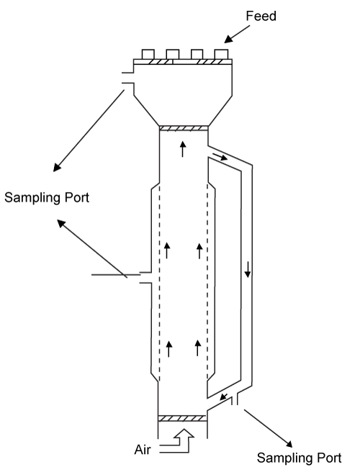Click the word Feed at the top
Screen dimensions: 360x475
(261, 16)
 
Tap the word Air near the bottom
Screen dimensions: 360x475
(143, 450)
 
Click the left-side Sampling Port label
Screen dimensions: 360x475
(47, 197)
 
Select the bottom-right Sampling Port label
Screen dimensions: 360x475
(299, 458)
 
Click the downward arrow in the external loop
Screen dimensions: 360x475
(248, 270)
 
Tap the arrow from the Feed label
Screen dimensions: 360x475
(237, 34)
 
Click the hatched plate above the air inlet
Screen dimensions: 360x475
(182, 418)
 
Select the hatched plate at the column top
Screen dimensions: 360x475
(184, 128)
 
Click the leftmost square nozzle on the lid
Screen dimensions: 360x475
(148, 54)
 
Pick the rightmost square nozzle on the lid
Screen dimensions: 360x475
(221, 54)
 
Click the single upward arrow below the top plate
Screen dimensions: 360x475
(182, 149)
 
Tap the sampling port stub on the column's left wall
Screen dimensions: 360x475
(145, 278)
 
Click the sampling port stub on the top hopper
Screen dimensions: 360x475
(128, 78)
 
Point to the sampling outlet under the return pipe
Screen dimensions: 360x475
(235, 399)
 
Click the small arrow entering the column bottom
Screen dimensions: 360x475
(224, 397)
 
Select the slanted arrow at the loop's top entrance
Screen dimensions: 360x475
(220, 157)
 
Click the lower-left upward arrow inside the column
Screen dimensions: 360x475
(168, 348)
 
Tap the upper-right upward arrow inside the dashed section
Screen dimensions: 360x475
(199, 251)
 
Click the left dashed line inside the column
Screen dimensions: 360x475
(160, 281)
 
